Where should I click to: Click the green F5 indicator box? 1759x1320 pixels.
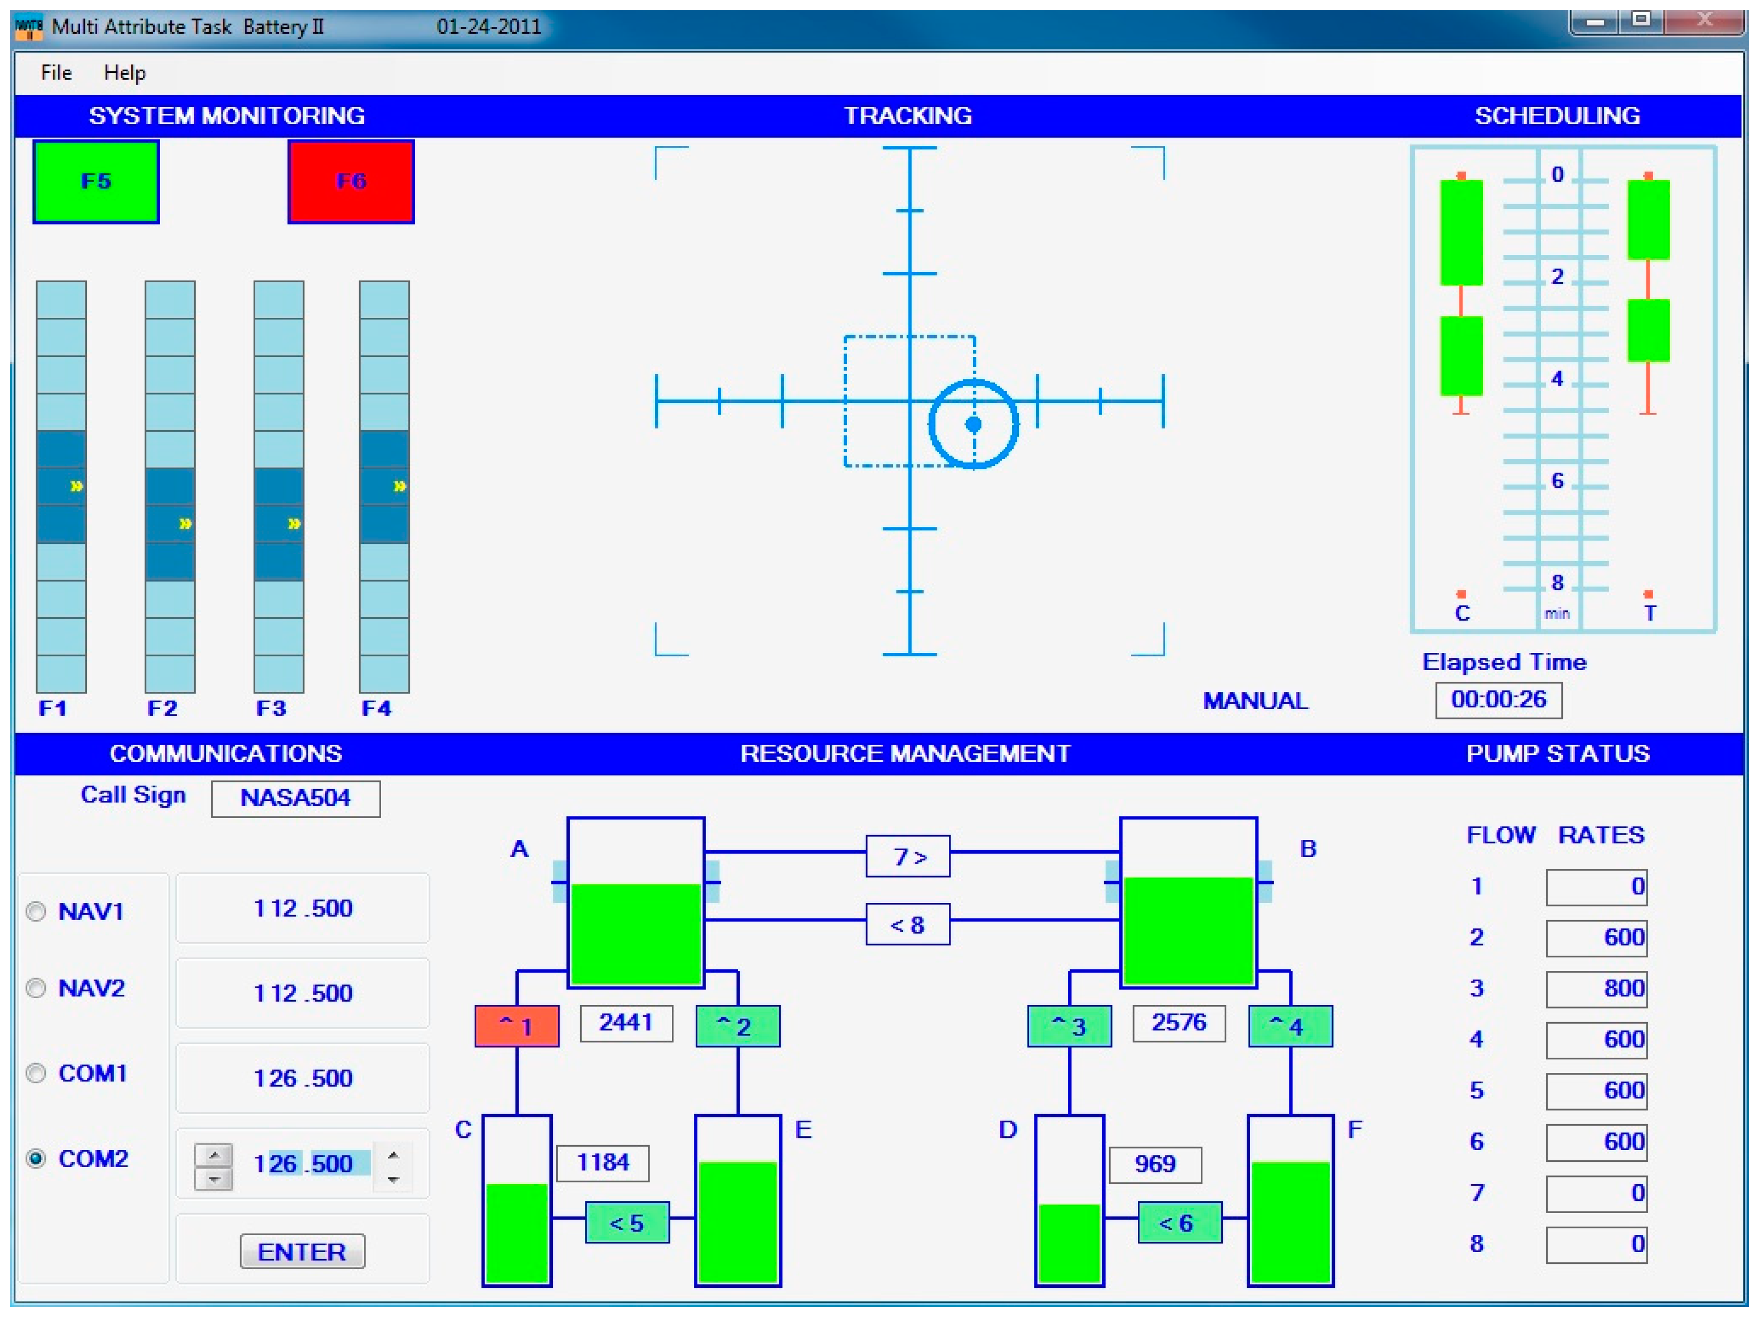click(x=96, y=181)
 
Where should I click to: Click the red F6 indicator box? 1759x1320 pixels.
click(x=351, y=181)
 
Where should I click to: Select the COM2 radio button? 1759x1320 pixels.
click(x=36, y=1158)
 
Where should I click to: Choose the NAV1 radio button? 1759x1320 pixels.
click(x=36, y=911)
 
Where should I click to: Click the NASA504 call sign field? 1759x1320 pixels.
click(x=295, y=798)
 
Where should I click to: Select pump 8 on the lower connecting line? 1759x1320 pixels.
click(x=908, y=924)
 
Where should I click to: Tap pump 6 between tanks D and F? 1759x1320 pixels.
click(x=1179, y=1223)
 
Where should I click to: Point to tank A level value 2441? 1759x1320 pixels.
click(x=626, y=1023)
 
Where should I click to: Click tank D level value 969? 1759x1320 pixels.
click(x=1154, y=1164)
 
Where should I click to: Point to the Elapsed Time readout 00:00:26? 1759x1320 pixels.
click(x=1498, y=699)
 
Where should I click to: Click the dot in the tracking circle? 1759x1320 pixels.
click(x=973, y=424)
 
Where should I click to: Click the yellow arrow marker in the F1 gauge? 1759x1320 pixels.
click(x=76, y=486)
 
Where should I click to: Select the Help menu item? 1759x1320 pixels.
click(x=125, y=73)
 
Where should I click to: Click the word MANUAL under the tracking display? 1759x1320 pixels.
click(x=1255, y=701)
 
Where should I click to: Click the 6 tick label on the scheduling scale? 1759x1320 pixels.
click(x=1557, y=481)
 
